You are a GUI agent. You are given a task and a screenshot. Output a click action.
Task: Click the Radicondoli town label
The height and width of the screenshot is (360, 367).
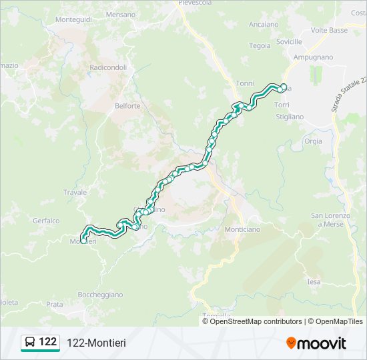point(108,67)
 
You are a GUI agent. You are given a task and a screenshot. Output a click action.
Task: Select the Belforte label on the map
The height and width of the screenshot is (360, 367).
point(127,106)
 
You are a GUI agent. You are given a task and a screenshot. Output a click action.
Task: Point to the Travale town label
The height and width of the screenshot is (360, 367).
point(75,193)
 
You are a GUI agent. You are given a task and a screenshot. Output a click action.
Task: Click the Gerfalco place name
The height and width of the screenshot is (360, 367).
point(46,221)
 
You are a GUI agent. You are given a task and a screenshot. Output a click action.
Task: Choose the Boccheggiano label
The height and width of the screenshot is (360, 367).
point(100,295)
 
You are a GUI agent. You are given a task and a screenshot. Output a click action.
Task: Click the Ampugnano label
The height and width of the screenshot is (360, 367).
point(312,57)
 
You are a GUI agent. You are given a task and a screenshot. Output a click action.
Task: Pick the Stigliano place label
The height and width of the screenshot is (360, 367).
point(290,117)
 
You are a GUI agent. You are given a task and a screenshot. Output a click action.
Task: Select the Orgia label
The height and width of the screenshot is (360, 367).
point(312,141)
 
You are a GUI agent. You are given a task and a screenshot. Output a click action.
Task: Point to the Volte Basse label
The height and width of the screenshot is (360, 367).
point(329,31)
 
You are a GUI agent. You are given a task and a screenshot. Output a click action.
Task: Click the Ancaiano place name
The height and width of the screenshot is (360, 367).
point(263,24)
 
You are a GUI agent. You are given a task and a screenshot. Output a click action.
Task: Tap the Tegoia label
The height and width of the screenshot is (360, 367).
point(260,46)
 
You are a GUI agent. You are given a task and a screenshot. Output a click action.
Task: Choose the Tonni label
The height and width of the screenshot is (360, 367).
point(245,83)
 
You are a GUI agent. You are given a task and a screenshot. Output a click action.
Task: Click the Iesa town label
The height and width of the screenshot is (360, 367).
point(314,282)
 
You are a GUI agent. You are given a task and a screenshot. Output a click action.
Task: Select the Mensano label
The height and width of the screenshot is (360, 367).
point(120,14)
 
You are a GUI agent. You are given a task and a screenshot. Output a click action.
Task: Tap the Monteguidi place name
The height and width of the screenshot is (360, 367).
point(73,20)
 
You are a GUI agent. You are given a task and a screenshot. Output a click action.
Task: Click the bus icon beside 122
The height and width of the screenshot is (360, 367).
point(30,342)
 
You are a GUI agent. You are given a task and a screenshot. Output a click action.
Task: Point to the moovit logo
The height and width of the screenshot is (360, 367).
point(316,343)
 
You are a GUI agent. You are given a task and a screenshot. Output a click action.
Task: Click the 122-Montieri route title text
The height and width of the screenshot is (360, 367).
point(96,343)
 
